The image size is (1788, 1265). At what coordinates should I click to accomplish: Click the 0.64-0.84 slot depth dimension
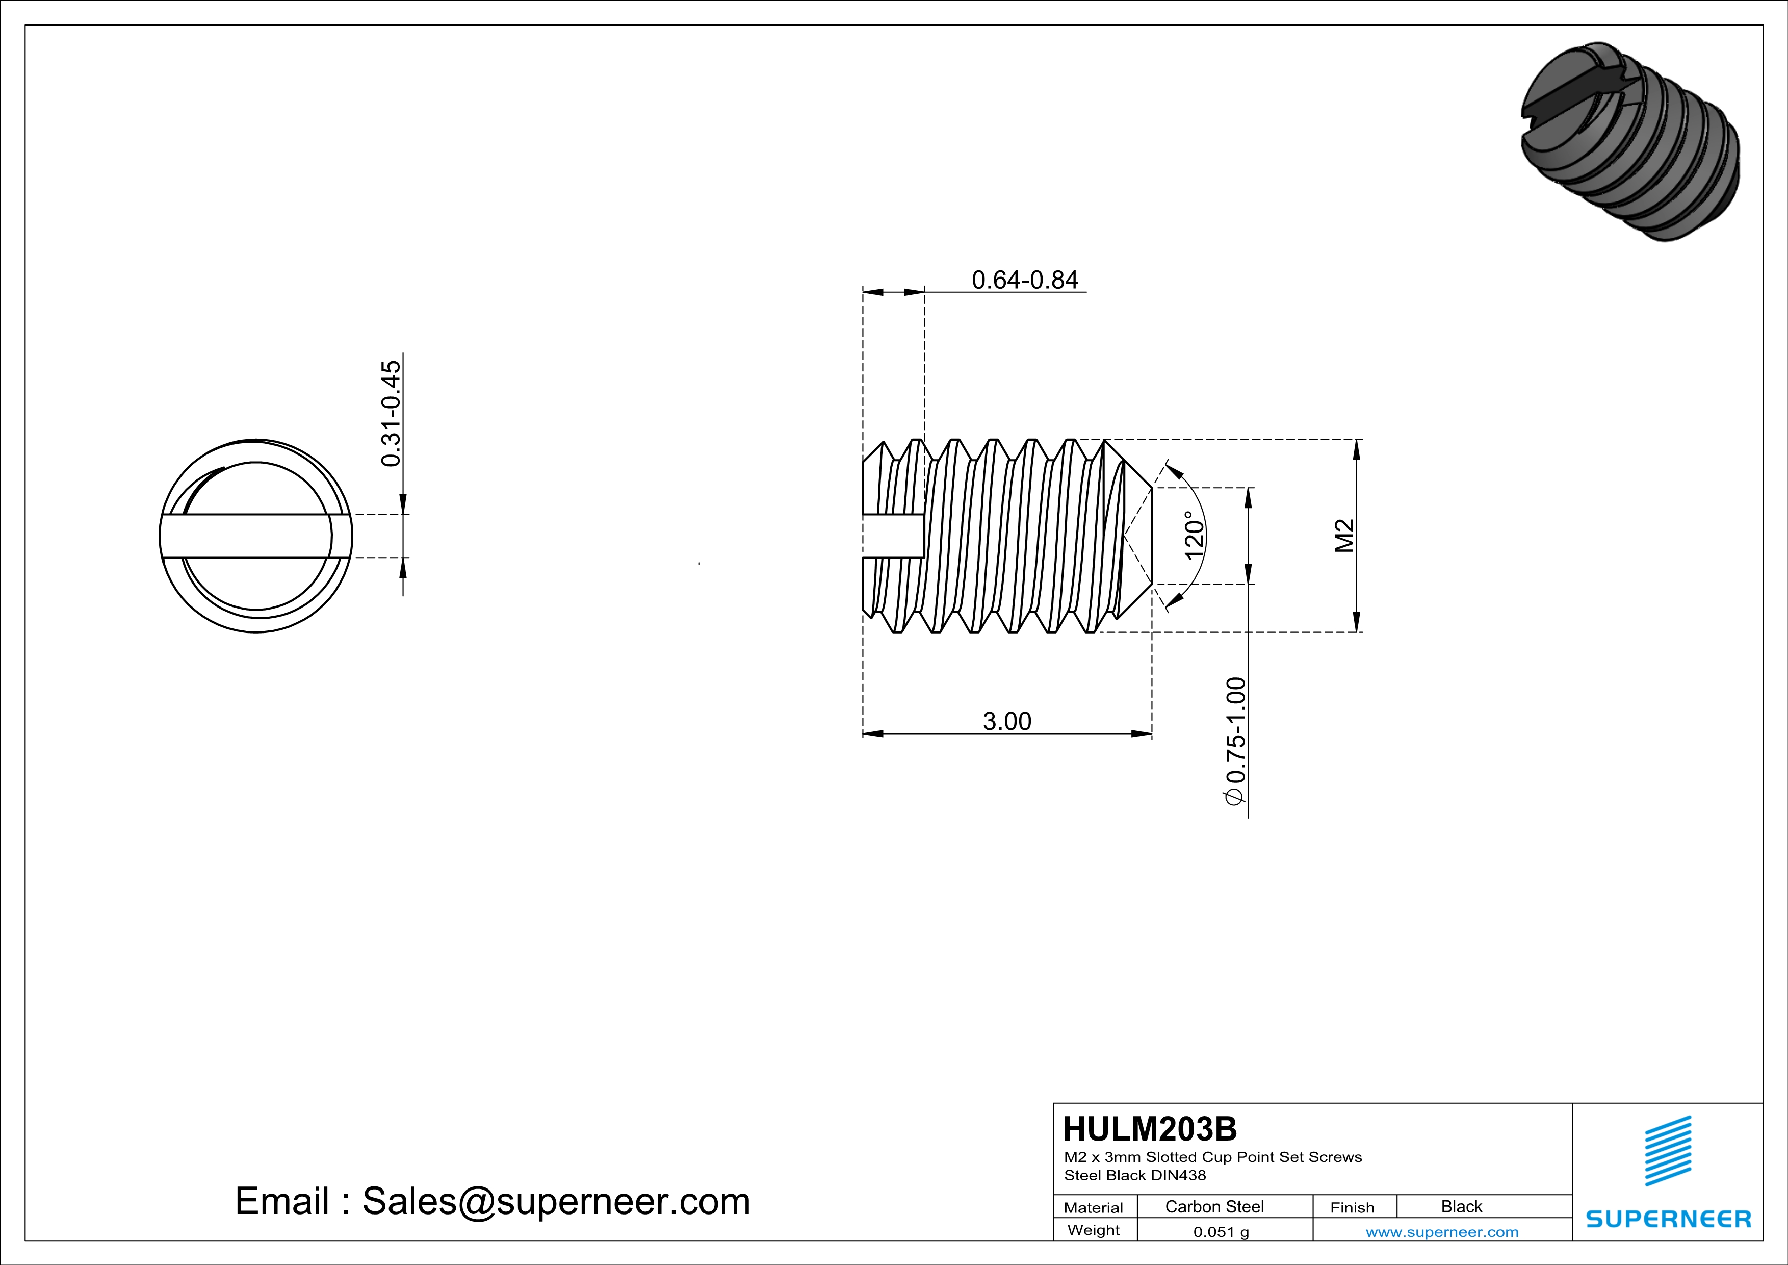[x=1024, y=280]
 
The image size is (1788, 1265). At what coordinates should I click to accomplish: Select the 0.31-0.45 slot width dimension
[x=391, y=413]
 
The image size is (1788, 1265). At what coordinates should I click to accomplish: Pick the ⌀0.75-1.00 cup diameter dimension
[x=1236, y=740]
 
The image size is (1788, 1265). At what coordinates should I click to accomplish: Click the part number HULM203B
[x=1149, y=1129]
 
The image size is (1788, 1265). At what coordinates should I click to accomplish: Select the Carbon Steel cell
[x=1214, y=1206]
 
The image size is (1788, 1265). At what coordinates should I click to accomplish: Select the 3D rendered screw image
[x=1630, y=142]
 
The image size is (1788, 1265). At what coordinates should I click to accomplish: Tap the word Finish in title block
[x=1352, y=1207]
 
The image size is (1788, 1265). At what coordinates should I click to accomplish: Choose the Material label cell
[x=1094, y=1207]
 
